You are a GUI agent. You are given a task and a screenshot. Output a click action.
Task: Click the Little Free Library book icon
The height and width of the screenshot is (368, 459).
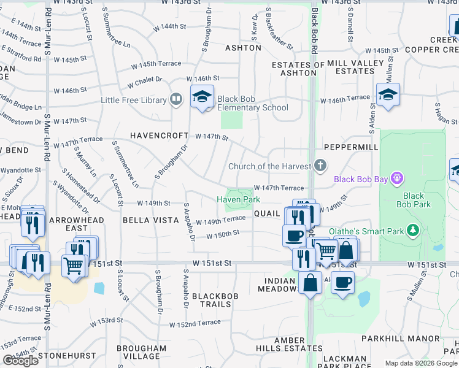click(x=176, y=99)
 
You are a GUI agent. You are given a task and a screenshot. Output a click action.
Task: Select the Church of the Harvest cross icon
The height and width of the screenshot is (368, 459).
click(x=320, y=165)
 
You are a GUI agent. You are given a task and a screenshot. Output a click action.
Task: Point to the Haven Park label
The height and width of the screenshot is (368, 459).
click(x=238, y=200)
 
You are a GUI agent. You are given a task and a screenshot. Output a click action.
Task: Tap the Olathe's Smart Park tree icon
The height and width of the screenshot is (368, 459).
click(x=413, y=231)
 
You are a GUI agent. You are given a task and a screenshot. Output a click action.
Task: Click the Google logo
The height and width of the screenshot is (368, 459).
click(x=21, y=361)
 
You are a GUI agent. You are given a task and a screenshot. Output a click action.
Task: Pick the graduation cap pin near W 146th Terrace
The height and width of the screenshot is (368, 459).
click(x=388, y=95)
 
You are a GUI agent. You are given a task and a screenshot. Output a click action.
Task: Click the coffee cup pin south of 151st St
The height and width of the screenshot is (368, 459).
click(x=343, y=283)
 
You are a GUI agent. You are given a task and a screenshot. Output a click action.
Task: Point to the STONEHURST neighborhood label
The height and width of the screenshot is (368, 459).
click(x=67, y=355)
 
